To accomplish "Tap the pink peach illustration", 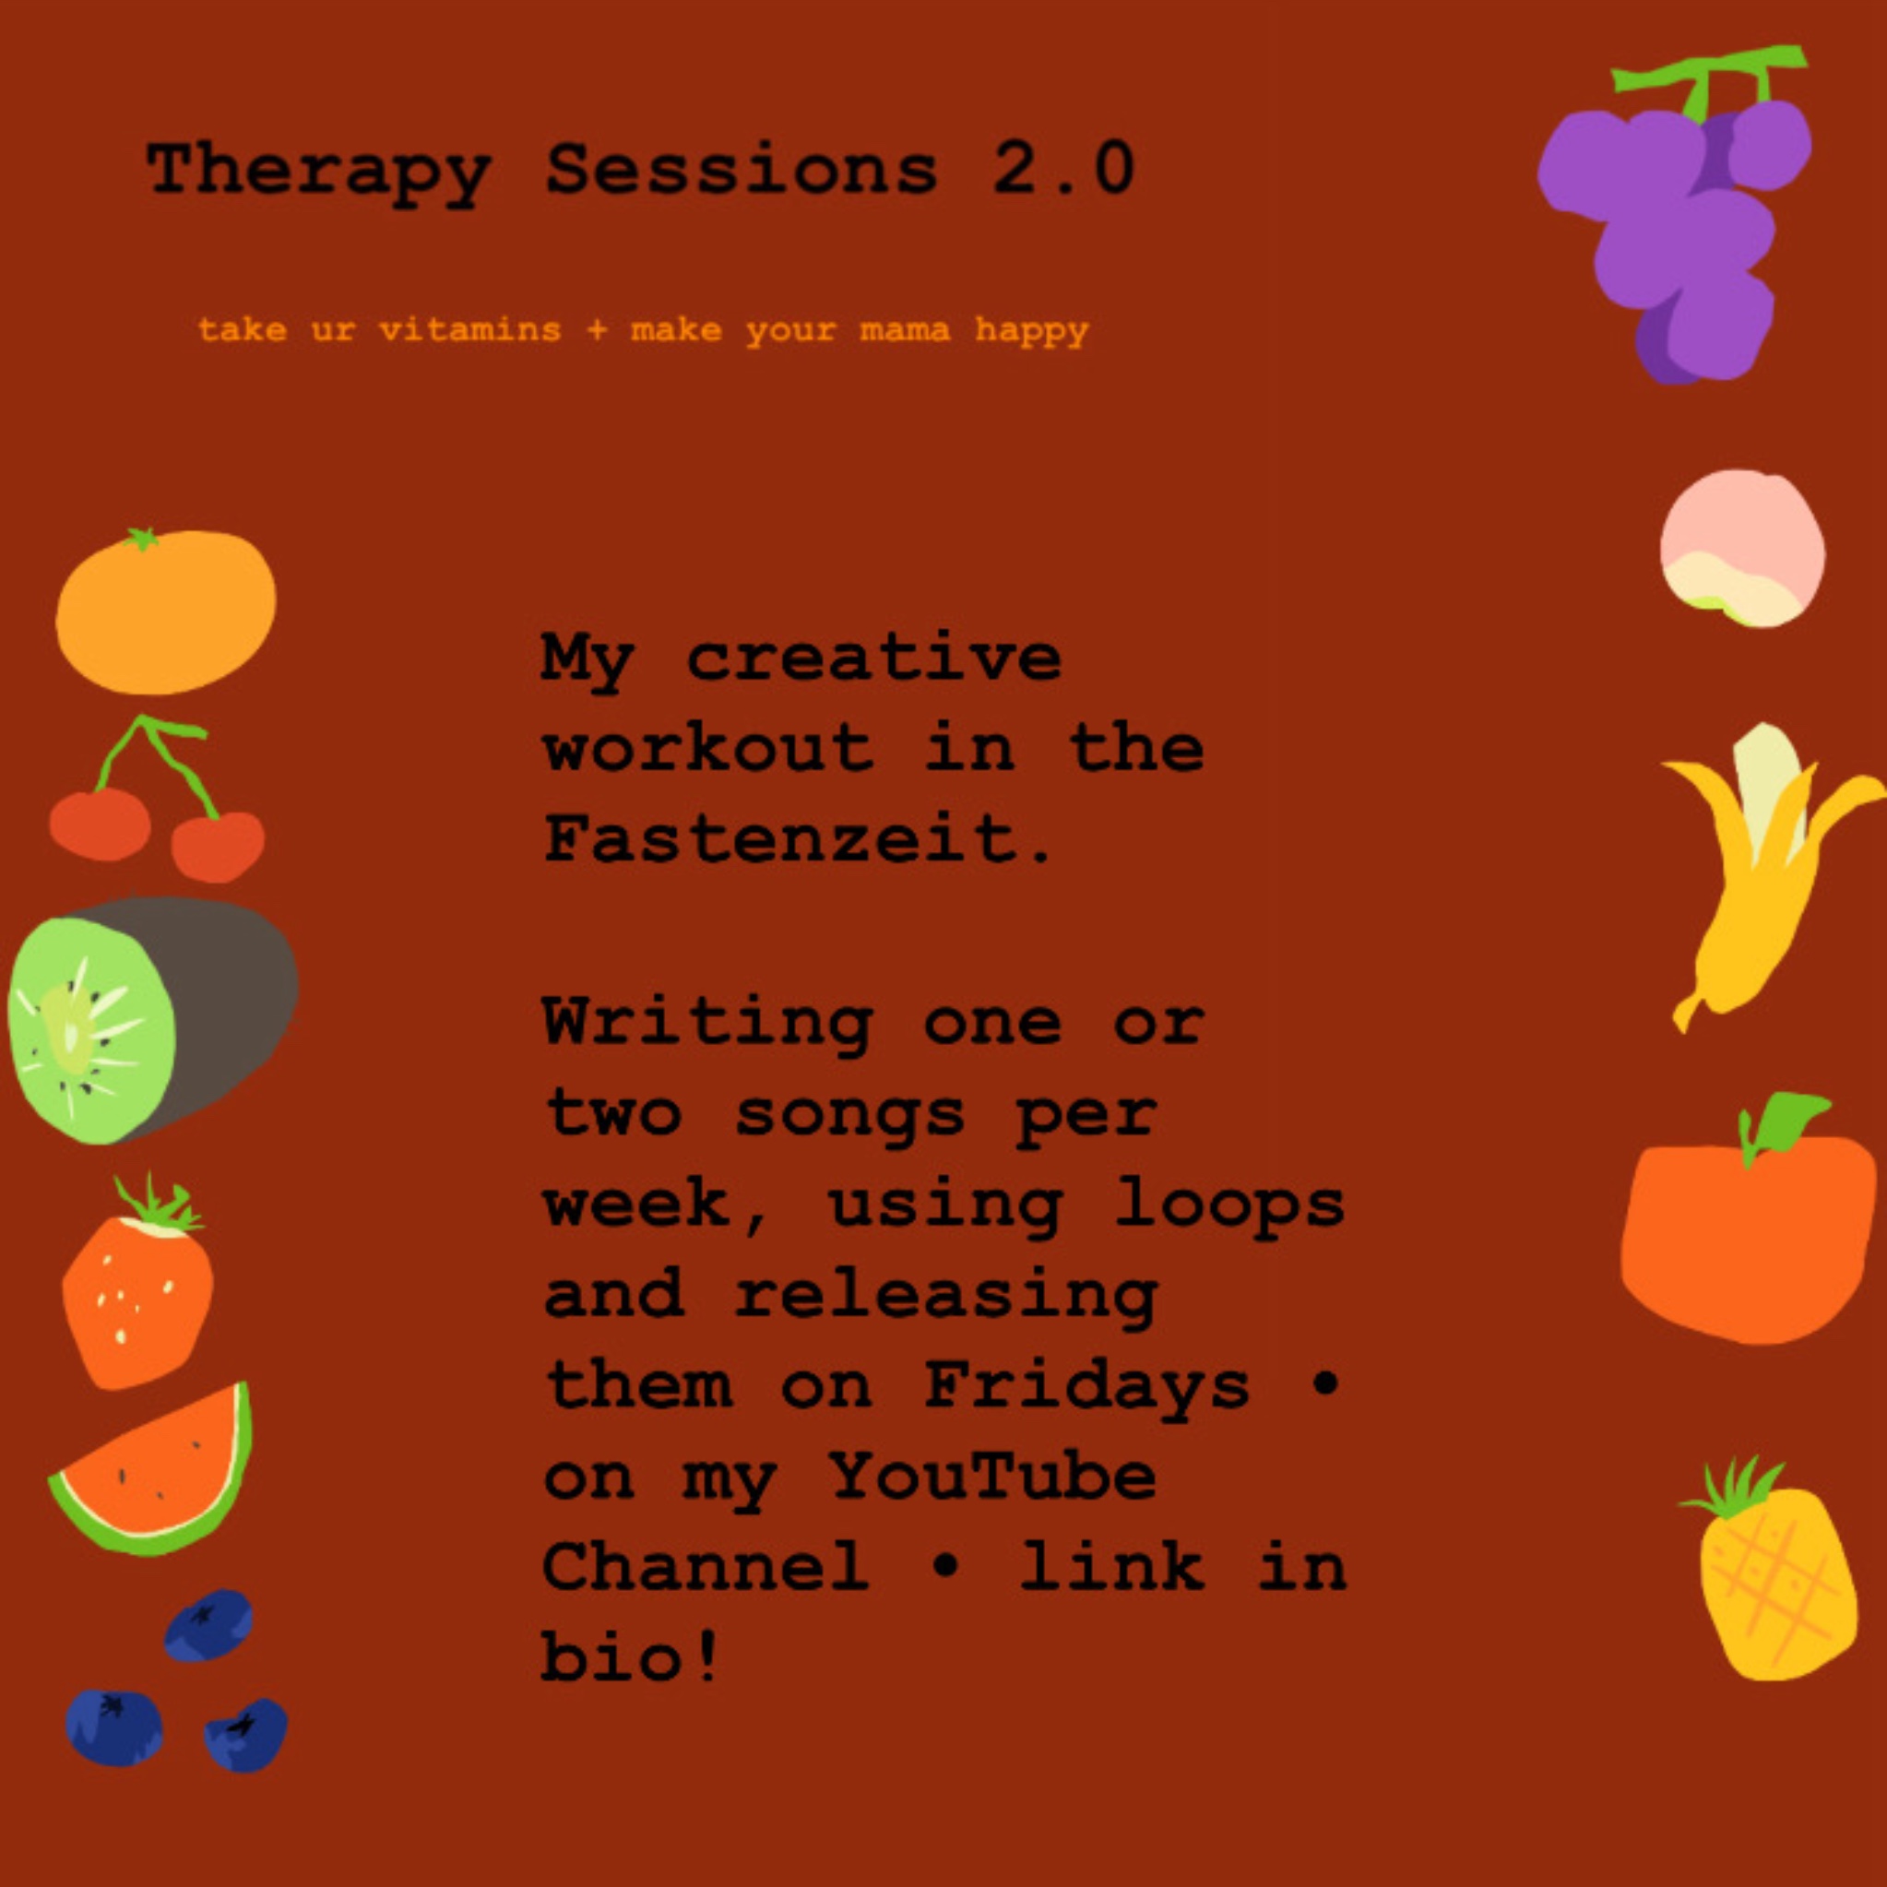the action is click(x=1742, y=548).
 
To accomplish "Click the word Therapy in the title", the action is click(x=318, y=171).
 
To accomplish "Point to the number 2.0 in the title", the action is click(x=1062, y=168).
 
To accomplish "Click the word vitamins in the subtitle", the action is click(x=469, y=330).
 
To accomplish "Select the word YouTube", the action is click(x=992, y=1475).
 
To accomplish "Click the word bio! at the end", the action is click(x=631, y=1656).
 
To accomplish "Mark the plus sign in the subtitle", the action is click(x=597, y=330).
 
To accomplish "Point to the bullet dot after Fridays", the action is click(x=1321, y=1385).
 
